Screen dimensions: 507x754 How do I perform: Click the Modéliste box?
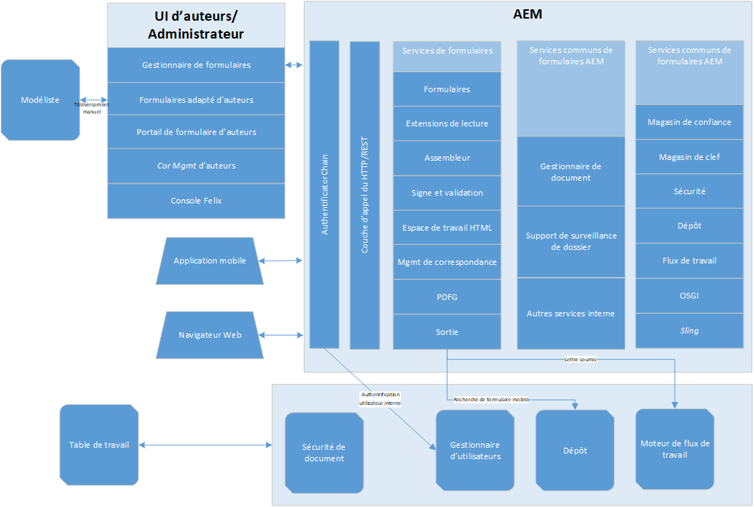coord(40,99)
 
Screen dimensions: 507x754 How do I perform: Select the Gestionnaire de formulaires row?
coord(196,65)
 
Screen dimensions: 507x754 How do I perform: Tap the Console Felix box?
coord(196,201)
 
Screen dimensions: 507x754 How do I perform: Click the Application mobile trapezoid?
coord(209,261)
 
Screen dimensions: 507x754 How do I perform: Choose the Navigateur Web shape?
coord(209,334)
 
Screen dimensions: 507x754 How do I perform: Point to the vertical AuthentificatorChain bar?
coord(324,194)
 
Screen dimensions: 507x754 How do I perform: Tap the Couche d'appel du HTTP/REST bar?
coord(364,194)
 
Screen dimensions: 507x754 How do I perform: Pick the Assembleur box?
coord(447,158)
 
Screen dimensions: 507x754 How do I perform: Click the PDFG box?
coord(447,296)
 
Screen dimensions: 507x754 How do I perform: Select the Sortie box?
coord(447,332)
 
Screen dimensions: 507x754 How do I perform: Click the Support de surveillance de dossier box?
coord(571,241)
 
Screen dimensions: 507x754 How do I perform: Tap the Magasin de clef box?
coord(689,157)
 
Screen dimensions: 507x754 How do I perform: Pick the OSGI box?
coord(689,296)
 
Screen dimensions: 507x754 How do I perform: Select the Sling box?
coord(689,331)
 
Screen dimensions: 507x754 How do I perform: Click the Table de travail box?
coord(99,445)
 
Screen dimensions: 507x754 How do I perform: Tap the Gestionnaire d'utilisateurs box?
coord(475,451)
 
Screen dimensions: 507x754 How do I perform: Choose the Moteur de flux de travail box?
coord(675,448)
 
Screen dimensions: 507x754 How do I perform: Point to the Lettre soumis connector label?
coord(580,360)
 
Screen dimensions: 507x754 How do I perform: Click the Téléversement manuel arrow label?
coord(91,108)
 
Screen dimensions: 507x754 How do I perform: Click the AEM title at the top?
coord(528,14)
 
